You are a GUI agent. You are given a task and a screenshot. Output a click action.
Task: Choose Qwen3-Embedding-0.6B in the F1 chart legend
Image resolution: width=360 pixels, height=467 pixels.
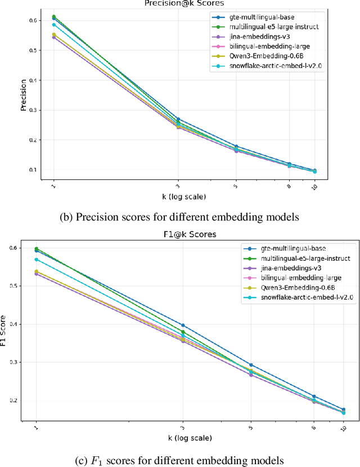(x=290, y=288)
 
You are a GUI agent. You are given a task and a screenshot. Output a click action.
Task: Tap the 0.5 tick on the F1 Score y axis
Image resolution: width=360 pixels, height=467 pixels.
(x=16, y=286)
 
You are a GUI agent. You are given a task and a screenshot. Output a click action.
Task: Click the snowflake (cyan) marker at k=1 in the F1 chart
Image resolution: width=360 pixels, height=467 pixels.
(x=37, y=260)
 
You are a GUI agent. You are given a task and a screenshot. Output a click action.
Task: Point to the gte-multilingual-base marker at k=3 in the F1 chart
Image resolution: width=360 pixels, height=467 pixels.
(x=183, y=325)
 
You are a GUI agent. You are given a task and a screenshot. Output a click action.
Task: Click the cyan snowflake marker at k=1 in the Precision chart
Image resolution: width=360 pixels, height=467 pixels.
(x=54, y=25)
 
